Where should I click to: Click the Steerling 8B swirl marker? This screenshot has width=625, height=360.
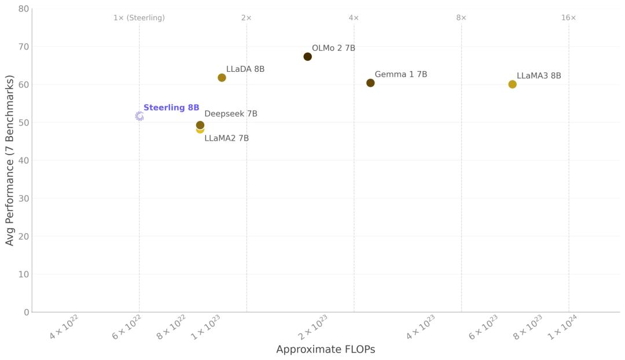point(139,116)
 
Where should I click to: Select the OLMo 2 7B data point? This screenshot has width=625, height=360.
point(307,57)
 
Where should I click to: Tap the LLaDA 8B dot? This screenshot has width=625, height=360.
point(222,78)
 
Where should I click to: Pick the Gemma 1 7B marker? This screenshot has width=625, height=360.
point(370,83)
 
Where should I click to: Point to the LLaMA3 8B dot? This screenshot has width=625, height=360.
point(512,84)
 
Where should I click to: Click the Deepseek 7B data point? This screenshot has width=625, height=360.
point(200,124)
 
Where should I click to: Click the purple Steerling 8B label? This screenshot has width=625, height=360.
point(171,108)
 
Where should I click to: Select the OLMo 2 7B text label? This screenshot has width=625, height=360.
point(333,48)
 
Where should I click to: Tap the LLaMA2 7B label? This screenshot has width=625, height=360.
point(226,138)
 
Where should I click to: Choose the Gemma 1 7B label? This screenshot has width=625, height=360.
point(400,75)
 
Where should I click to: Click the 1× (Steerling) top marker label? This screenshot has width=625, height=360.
point(139,18)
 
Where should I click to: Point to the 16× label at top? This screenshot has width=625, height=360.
point(568,18)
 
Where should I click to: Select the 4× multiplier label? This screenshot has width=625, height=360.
point(354,18)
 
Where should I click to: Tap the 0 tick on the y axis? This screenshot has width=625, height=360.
point(26,313)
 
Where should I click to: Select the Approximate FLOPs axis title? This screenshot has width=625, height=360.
point(325,350)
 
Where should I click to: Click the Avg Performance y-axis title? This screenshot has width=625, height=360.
point(10,160)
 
